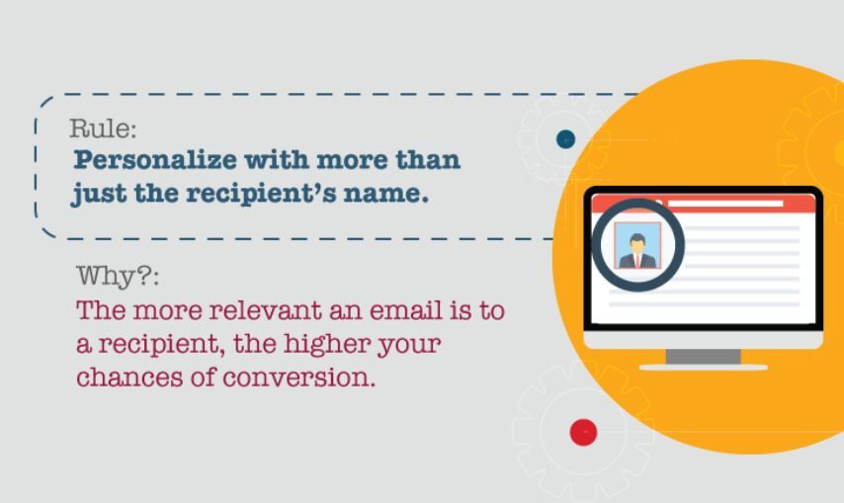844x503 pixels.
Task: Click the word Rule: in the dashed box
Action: tap(103, 128)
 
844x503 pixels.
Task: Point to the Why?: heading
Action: tap(118, 275)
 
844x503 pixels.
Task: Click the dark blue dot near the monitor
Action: tap(565, 139)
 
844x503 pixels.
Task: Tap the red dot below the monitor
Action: tap(584, 432)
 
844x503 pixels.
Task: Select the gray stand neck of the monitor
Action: tap(703, 356)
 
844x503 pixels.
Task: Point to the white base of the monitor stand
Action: tap(703, 367)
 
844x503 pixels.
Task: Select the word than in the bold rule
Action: tap(428, 160)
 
